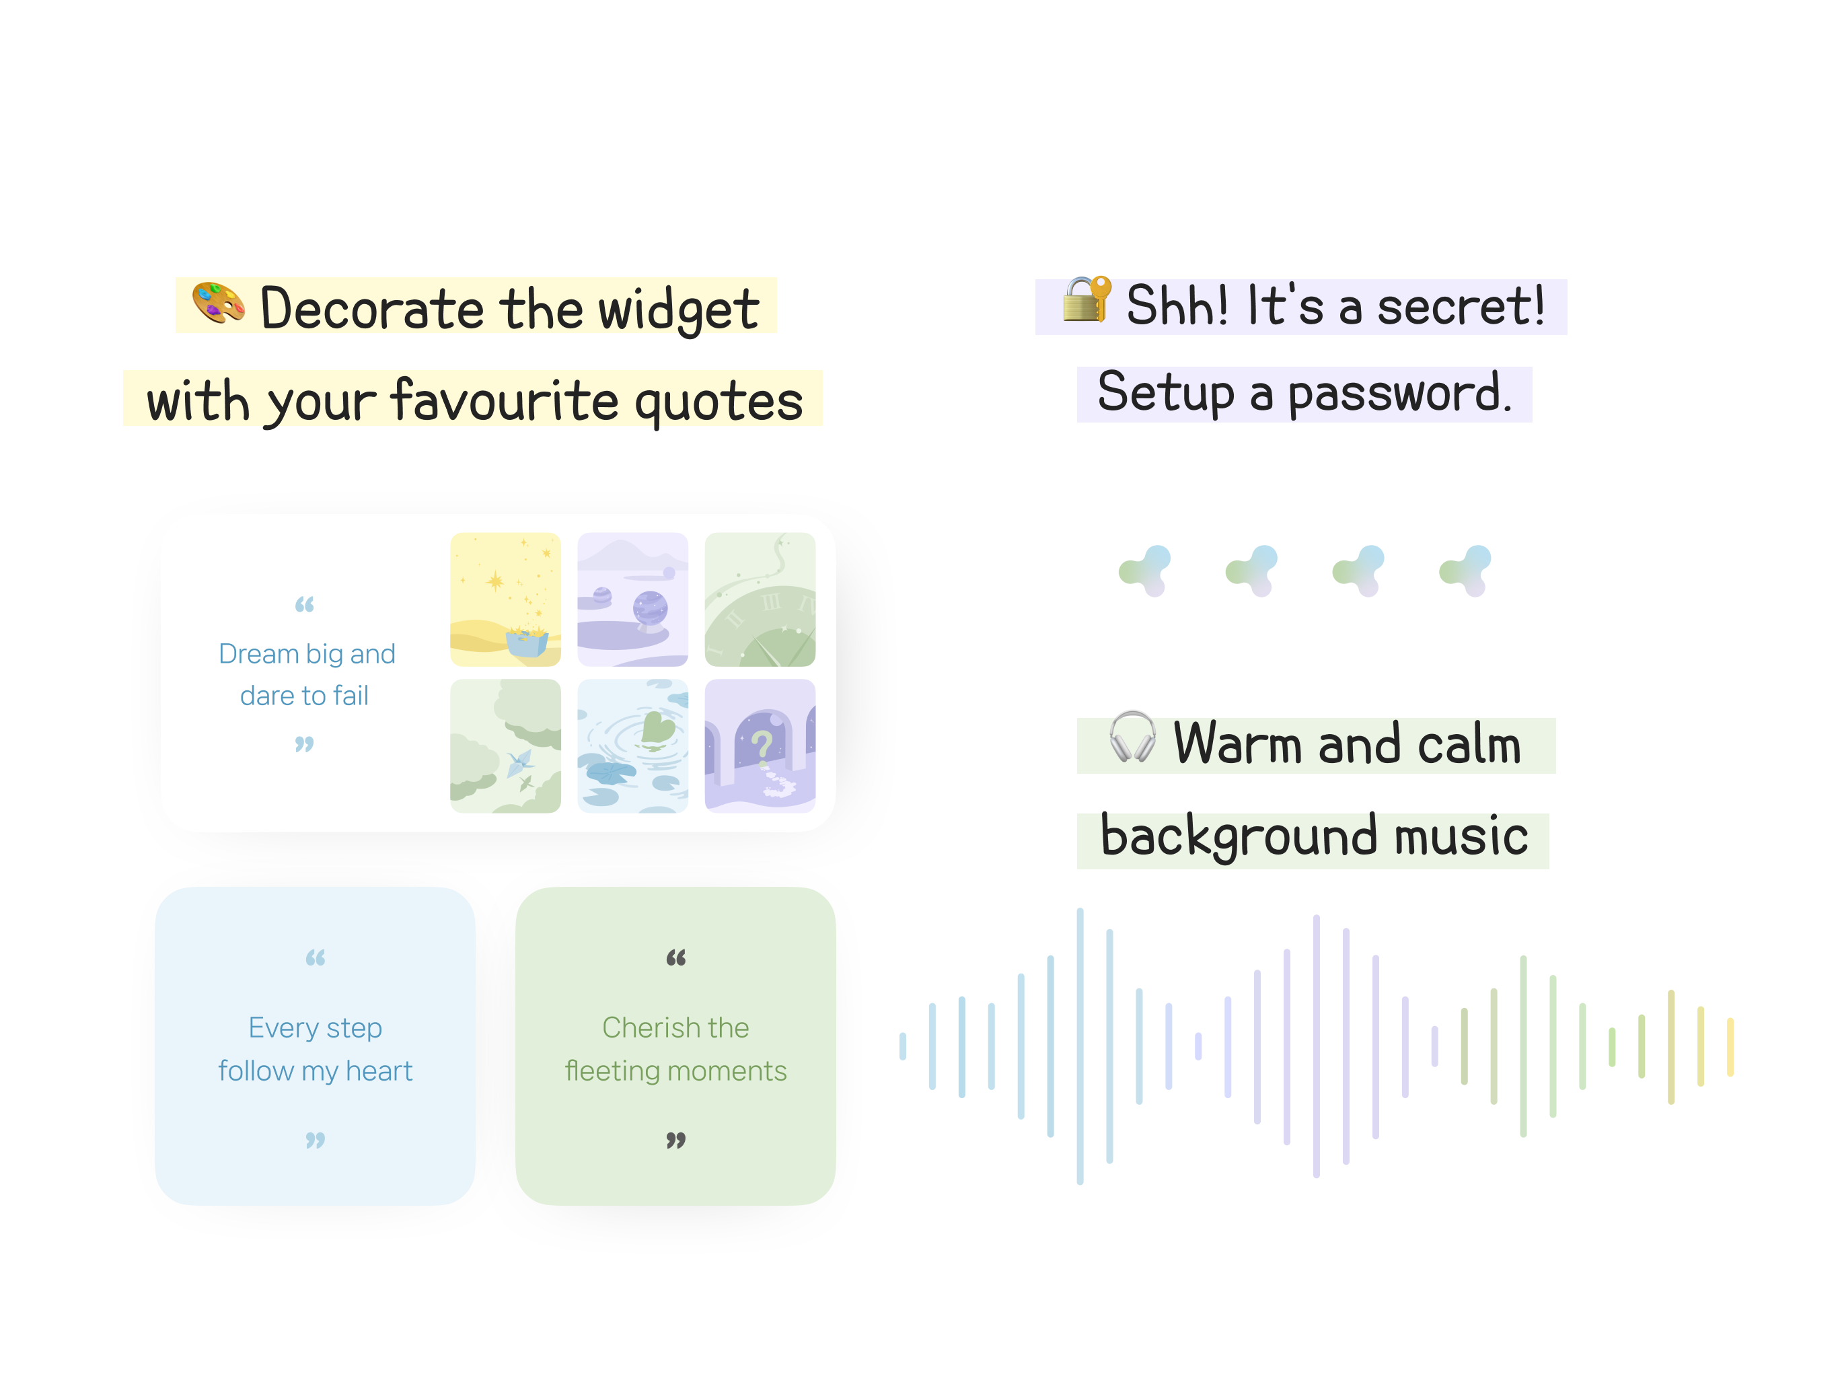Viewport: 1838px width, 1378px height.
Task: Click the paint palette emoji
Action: [219, 303]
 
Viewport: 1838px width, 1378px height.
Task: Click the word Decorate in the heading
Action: [371, 308]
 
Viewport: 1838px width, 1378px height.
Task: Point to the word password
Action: [1399, 393]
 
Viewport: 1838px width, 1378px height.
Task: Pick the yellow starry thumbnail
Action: [505, 600]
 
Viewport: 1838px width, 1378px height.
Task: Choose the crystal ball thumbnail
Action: [632, 600]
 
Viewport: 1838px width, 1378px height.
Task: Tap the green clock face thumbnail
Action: [760, 600]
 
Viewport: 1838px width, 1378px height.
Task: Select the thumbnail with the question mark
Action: [760, 746]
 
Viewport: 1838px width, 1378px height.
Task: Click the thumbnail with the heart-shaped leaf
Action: [632, 746]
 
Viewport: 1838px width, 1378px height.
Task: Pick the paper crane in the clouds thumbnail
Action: [505, 746]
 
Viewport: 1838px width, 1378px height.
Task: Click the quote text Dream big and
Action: [307, 654]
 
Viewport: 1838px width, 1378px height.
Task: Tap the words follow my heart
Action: [315, 1071]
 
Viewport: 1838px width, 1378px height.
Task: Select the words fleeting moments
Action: [675, 1071]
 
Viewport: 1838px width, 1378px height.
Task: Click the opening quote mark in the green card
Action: [675, 957]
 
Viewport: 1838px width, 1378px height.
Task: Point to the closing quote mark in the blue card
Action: [315, 1140]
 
